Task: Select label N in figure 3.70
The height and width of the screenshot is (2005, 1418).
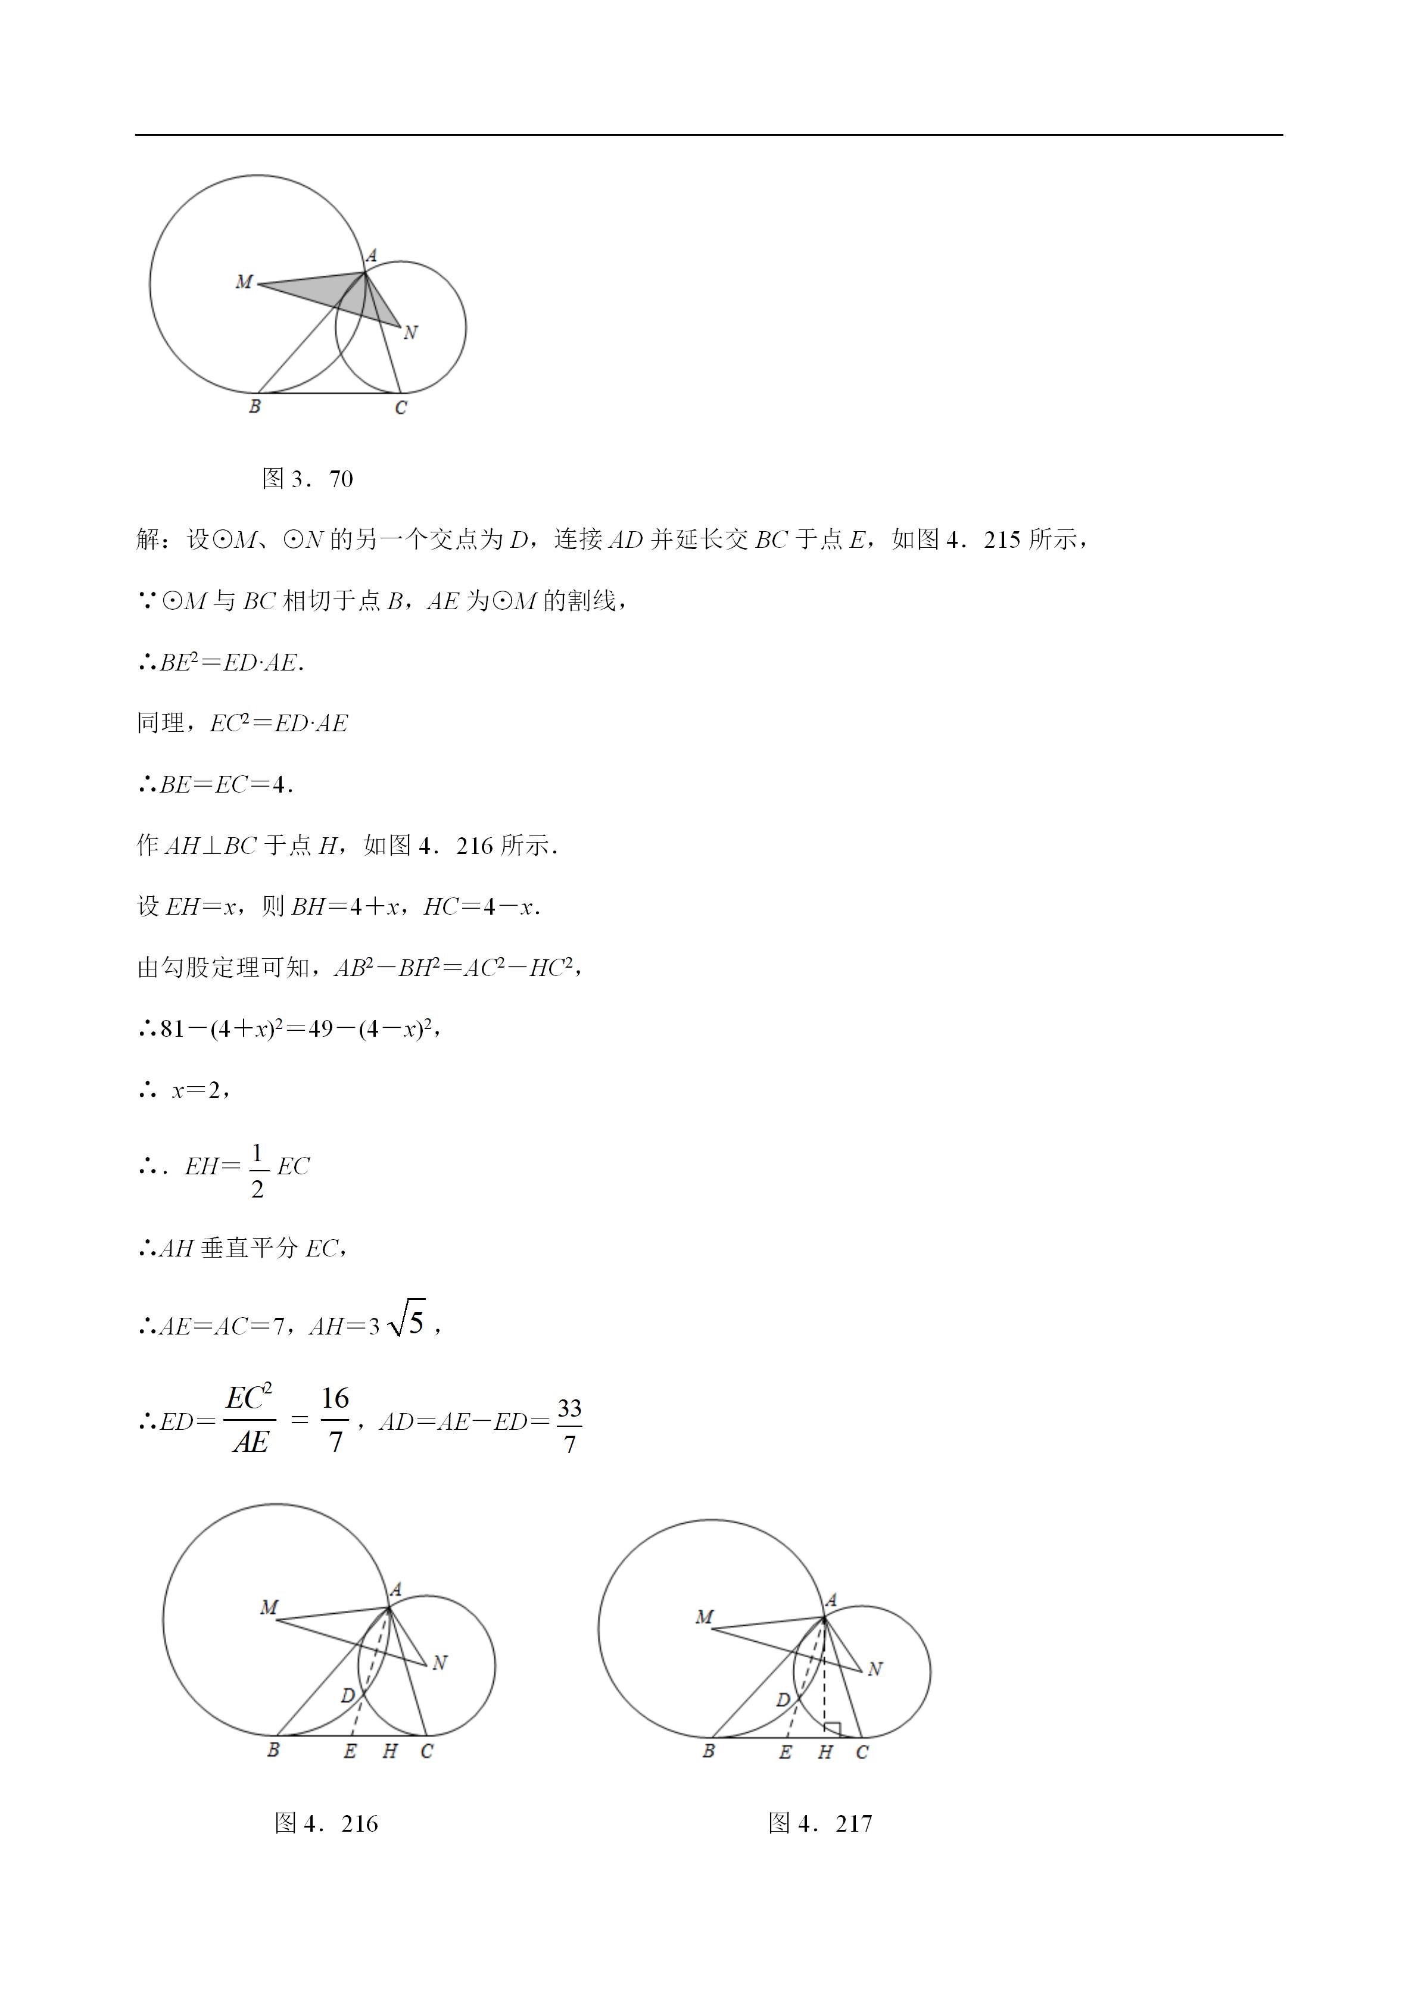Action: (410, 333)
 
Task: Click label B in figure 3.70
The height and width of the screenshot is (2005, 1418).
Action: (255, 406)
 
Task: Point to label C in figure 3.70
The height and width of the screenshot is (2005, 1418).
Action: (401, 408)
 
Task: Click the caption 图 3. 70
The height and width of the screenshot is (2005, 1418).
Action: (307, 479)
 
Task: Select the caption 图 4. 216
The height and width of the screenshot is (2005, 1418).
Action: (326, 1823)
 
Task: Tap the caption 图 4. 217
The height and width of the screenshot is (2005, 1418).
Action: (820, 1823)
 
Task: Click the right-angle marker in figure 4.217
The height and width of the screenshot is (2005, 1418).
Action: (832, 1730)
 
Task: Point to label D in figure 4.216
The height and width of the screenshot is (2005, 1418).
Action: (348, 1696)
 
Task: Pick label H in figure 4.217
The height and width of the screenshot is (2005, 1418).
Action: (825, 1752)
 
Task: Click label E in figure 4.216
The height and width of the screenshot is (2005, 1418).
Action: (350, 1751)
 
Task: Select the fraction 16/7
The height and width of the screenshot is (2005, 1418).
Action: (335, 1420)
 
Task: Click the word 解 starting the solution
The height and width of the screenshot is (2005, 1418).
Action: (148, 540)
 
